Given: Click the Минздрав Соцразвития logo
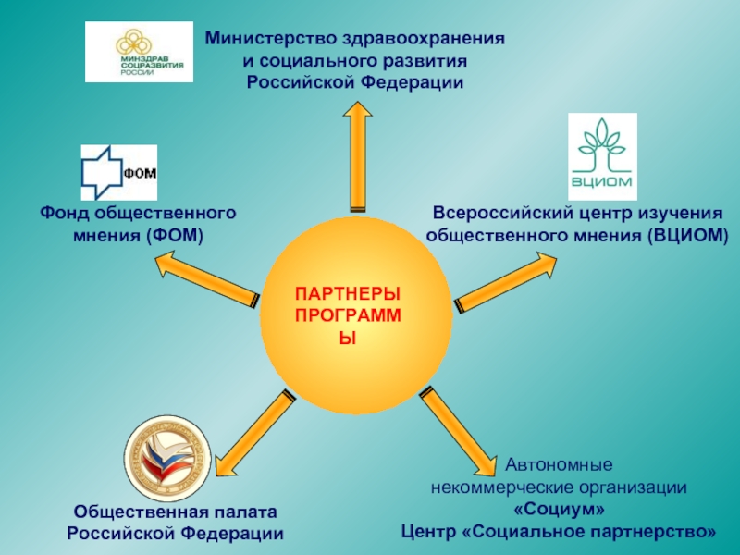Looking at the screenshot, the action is coord(139,53).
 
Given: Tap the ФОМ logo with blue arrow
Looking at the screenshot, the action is coord(118,171).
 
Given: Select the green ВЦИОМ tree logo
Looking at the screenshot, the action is coord(602,156).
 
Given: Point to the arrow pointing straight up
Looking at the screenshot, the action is coord(356,157).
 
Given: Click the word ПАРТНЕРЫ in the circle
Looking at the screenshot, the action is coord(349,294).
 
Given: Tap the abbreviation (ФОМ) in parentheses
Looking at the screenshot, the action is coord(174,235).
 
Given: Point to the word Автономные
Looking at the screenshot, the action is coord(558,464).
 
